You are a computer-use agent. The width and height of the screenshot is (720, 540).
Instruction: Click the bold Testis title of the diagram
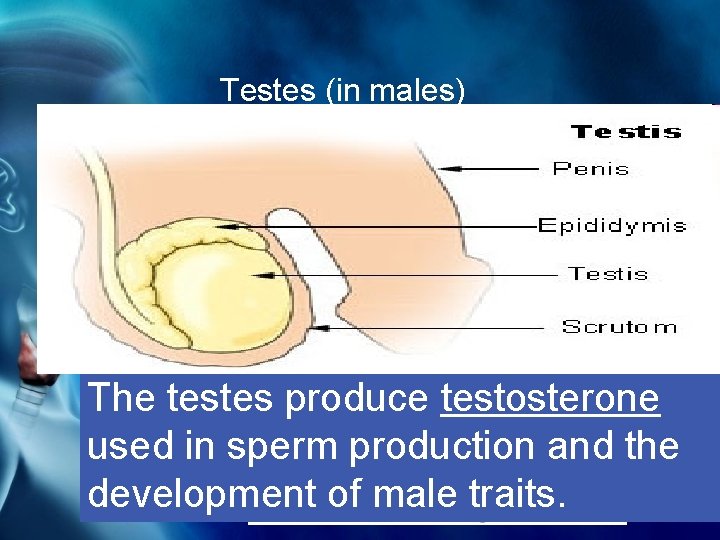pyautogui.click(x=625, y=131)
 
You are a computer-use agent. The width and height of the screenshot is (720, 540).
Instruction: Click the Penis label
pyautogui.click(x=591, y=168)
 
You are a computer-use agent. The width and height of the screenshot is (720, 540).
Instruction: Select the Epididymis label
pyautogui.click(x=612, y=225)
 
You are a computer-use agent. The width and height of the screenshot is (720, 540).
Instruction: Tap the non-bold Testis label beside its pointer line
pyautogui.click(x=608, y=273)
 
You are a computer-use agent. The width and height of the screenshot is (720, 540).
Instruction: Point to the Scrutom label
pyautogui.click(x=619, y=326)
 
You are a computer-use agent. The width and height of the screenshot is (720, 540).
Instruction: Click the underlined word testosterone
pyautogui.click(x=549, y=398)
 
